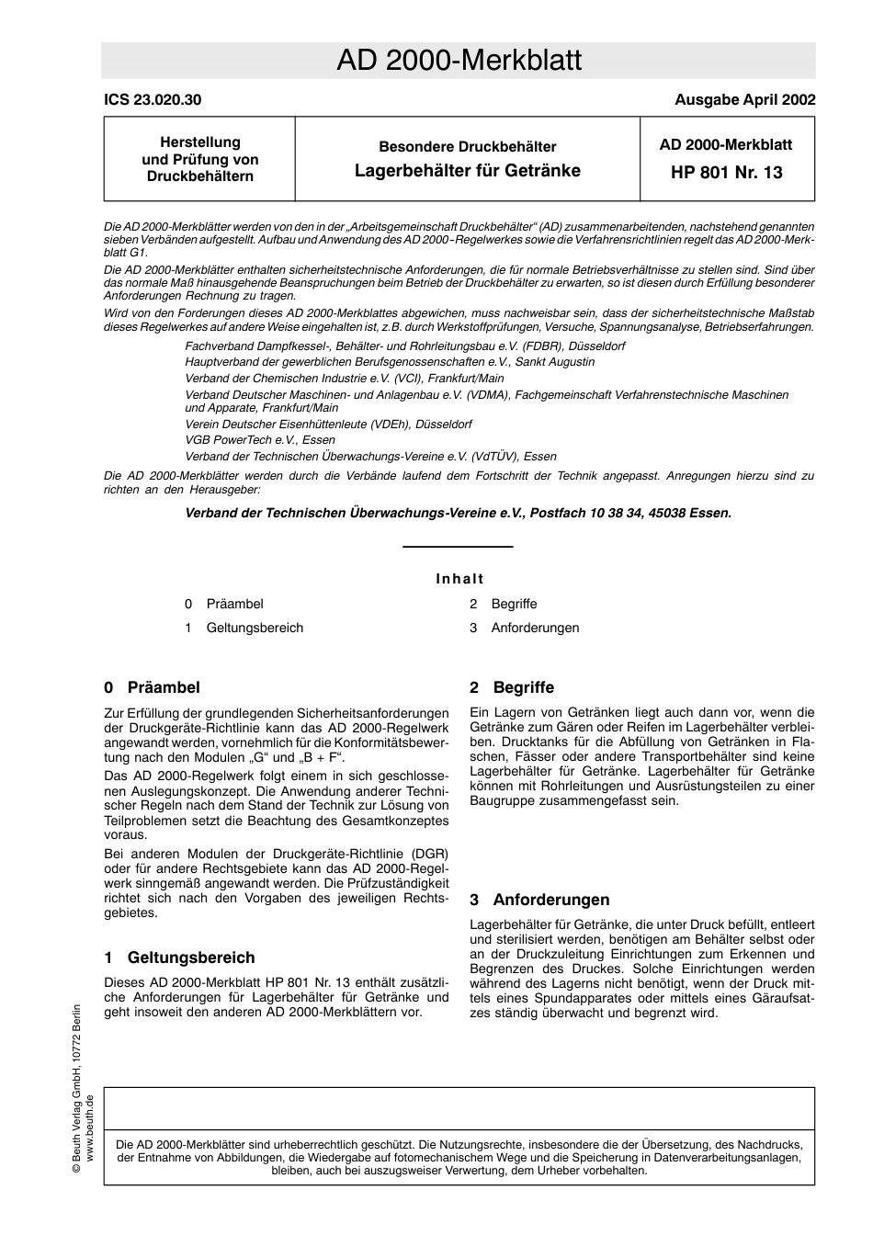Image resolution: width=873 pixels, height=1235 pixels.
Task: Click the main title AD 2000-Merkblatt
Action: click(459, 61)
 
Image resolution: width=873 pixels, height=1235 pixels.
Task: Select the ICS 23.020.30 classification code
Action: click(153, 100)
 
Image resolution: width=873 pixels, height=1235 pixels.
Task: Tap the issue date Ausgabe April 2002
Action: click(744, 100)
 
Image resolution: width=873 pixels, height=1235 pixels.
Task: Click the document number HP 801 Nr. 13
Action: click(726, 172)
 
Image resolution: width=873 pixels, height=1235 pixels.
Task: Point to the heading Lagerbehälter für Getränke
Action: click(467, 170)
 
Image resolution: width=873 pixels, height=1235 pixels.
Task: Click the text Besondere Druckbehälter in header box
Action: click(467, 146)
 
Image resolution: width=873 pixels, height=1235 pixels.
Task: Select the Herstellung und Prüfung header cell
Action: click(199, 159)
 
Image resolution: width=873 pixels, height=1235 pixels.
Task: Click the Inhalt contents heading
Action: click(459, 579)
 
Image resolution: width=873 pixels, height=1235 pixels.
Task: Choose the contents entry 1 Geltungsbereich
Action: click(244, 628)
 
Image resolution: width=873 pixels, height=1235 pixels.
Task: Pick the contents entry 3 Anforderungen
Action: click(525, 628)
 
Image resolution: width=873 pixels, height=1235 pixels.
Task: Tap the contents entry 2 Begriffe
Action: click(504, 604)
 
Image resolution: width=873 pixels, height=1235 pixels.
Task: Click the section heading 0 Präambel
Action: click(152, 687)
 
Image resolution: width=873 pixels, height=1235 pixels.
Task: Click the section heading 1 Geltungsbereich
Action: click(179, 957)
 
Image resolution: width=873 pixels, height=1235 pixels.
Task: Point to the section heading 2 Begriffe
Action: click(512, 687)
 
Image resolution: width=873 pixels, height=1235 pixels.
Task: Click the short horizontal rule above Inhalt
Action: click(458, 548)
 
